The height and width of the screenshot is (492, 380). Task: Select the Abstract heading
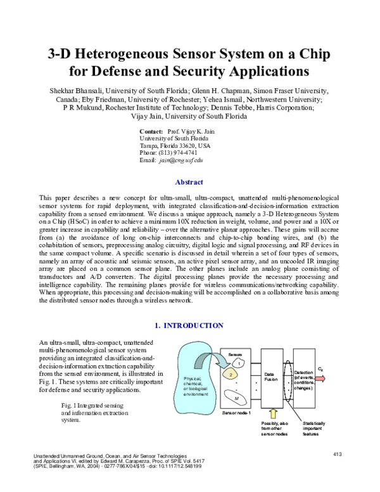[x=189, y=182]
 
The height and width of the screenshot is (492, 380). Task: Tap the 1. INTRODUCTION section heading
[x=189, y=325]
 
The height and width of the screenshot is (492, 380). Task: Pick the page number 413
[x=337, y=454]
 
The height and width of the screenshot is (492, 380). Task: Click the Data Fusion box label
[x=270, y=377]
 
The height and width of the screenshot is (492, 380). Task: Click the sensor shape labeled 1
[x=240, y=362]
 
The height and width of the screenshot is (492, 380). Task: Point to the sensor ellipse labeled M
[x=236, y=398]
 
